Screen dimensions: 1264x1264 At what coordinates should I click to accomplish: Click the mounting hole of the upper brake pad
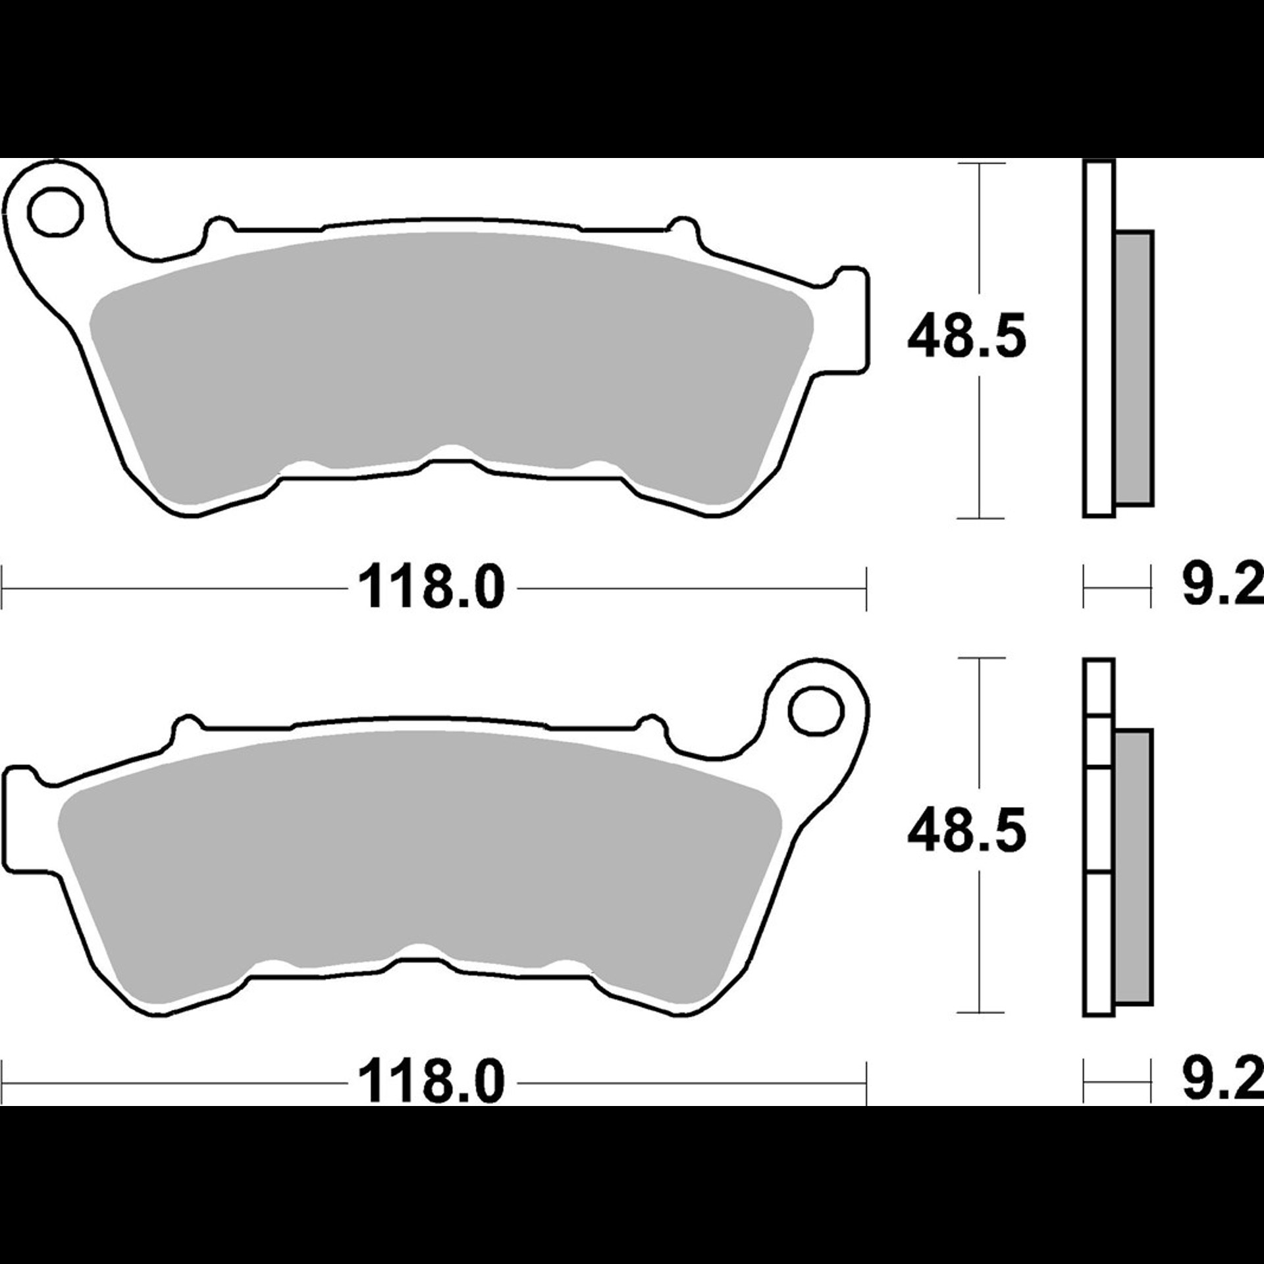click(x=55, y=212)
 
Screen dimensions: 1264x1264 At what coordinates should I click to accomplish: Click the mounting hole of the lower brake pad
click(x=816, y=712)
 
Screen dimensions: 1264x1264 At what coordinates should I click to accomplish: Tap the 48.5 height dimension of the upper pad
click(x=966, y=337)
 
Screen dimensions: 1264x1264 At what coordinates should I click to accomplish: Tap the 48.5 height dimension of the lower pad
click(x=966, y=831)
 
